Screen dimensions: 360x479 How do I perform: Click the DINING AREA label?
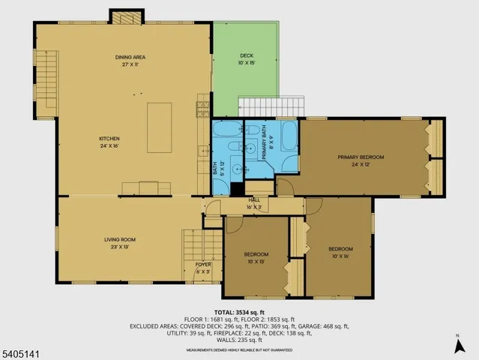tap(129, 61)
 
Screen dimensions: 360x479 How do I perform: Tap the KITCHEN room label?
tap(109, 142)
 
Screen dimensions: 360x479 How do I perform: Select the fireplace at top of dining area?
tap(125, 16)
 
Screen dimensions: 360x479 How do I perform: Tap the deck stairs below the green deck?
tap(271, 106)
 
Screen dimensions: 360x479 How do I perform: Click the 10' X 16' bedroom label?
tap(340, 252)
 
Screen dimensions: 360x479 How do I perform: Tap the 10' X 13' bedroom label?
tap(256, 258)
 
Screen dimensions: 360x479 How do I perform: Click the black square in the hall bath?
tap(235, 190)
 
